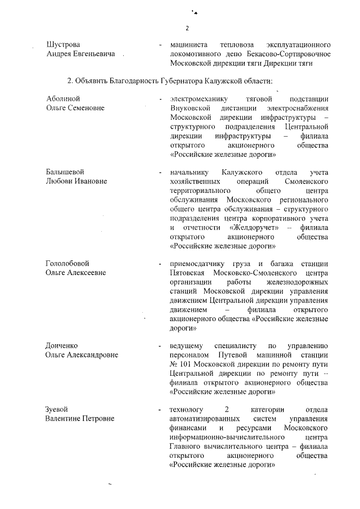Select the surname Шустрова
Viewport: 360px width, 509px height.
pos(62,44)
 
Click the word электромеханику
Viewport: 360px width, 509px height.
pos(197,98)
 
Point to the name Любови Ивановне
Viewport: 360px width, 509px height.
pos(76,181)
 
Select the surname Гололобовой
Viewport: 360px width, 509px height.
pos(67,263)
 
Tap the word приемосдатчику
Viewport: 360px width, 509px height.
pos(196,263)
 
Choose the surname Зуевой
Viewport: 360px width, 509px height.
pos(58,409)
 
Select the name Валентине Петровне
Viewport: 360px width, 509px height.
pos(79,418)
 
